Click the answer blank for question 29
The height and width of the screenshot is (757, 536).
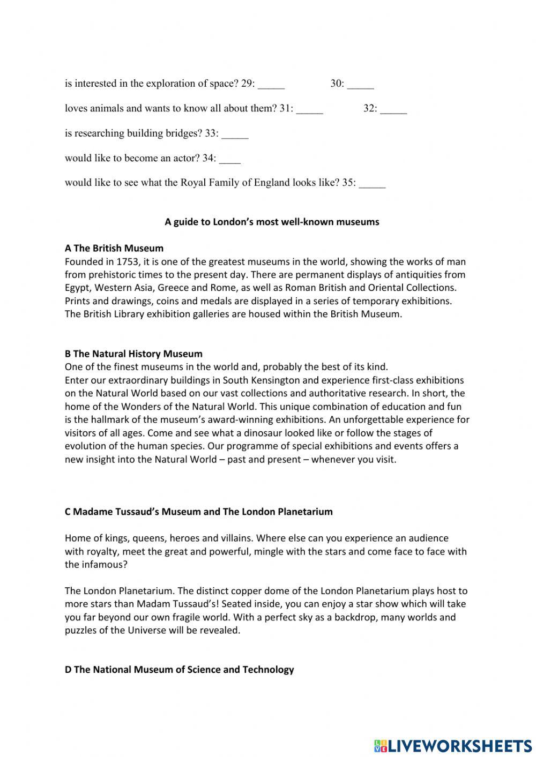point(271,84)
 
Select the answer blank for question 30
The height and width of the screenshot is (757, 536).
point(360,84)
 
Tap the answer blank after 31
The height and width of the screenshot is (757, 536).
point(310,109)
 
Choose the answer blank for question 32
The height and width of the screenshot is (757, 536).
point(393,109)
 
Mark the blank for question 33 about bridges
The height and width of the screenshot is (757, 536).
point(235,134)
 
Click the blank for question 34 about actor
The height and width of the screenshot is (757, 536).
point(230,159)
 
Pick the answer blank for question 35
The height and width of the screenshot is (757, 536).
point(372,184)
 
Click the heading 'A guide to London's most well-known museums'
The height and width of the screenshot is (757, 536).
point(272,222)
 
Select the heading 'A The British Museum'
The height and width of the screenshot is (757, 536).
point(114,249)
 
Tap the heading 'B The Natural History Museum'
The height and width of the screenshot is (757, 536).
point(133,354)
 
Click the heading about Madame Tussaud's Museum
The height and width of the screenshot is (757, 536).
point(198,512)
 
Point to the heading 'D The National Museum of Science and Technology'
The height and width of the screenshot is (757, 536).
point(179,670)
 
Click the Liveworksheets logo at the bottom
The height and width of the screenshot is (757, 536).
point(453,745)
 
